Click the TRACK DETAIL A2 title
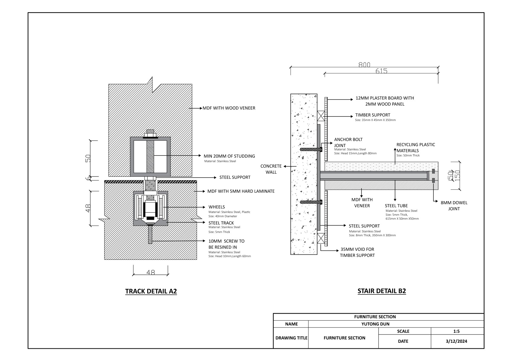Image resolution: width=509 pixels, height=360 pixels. tap(151, 291)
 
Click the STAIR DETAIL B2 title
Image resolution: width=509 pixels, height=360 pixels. tap(382, 291)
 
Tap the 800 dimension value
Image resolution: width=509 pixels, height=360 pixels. tap(364, 65)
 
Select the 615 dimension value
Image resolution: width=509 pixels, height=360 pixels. tap(381, 71)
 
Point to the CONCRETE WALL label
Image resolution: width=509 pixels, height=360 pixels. tap(271, 169)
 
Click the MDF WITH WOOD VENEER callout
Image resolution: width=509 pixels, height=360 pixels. tap(229, 108)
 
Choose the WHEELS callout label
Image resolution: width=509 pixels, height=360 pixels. tap(216, 207)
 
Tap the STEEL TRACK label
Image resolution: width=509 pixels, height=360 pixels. tap(221, 223)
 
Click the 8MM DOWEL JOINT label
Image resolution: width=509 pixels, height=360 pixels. tap(454, 206)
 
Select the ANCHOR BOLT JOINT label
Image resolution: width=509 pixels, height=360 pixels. tap(348, 142)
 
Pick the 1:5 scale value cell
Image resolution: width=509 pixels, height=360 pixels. tap(456, 331)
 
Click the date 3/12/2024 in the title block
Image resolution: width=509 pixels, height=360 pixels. tap(456, 341)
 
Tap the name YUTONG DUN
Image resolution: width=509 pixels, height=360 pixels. tap(375, 324)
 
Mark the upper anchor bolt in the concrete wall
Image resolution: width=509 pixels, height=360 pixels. tap(311, 149)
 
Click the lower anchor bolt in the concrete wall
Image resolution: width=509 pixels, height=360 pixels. tap(311, 202)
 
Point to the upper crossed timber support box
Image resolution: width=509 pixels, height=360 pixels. tap(321, 116)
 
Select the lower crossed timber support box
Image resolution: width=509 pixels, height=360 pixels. tap(321, 238)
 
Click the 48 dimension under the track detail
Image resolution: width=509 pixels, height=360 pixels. tap(151, 272)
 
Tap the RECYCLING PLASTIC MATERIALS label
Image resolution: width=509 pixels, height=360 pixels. tap(416, 148)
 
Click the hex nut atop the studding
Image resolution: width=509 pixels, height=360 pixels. tap(150, 135)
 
